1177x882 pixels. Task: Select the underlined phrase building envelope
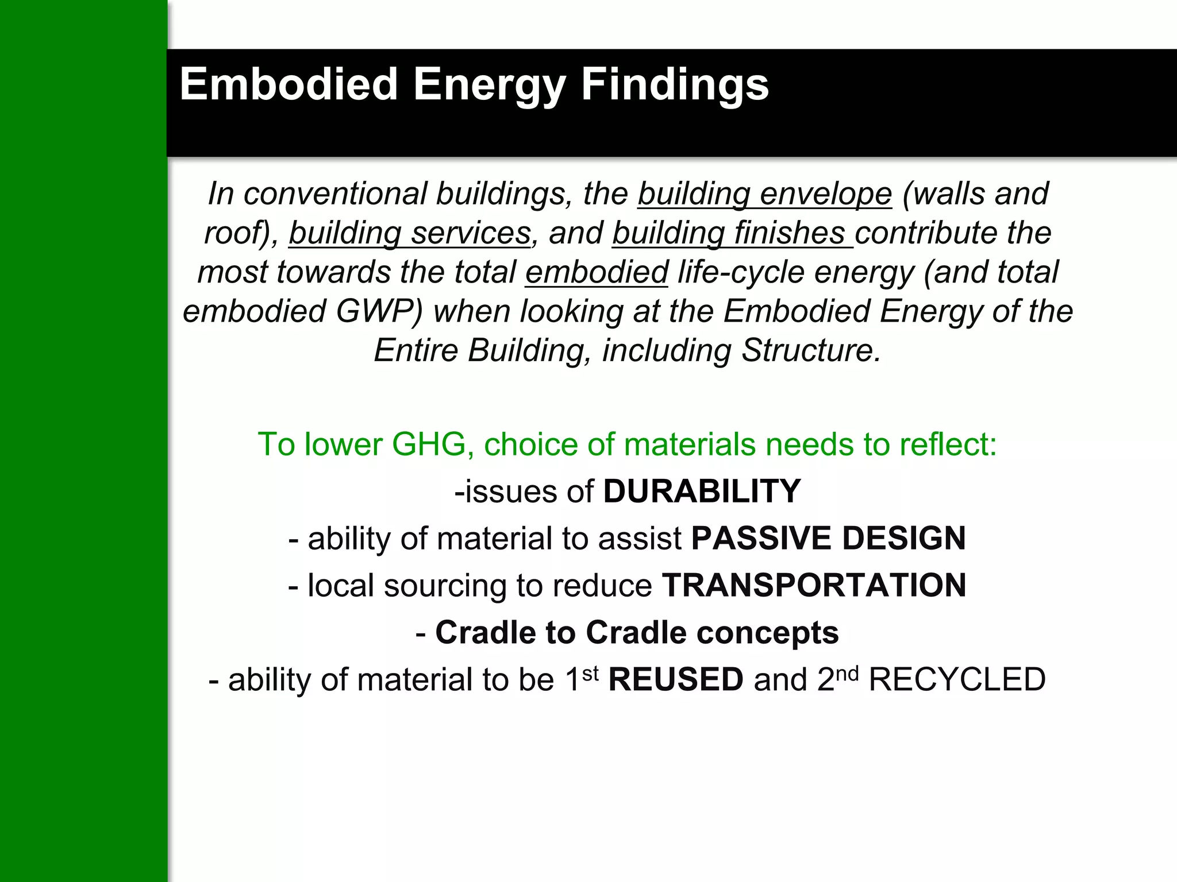click(x=764, y=194)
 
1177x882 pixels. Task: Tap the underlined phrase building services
click(x=410, y=233)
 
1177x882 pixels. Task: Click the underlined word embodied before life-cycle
click(x=597, y=272)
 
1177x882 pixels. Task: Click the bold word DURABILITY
click(x=701, y=492)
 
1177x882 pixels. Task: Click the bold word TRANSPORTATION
click(x=814, y=586)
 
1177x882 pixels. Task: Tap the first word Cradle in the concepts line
click(x=505, y=633)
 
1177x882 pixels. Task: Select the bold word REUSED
click(x=676, y=680)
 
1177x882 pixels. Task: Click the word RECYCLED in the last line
click(x=957, y=680)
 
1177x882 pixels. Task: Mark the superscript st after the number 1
click(x=590, y=672)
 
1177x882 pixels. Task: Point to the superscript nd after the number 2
click(x=848, y=672)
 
